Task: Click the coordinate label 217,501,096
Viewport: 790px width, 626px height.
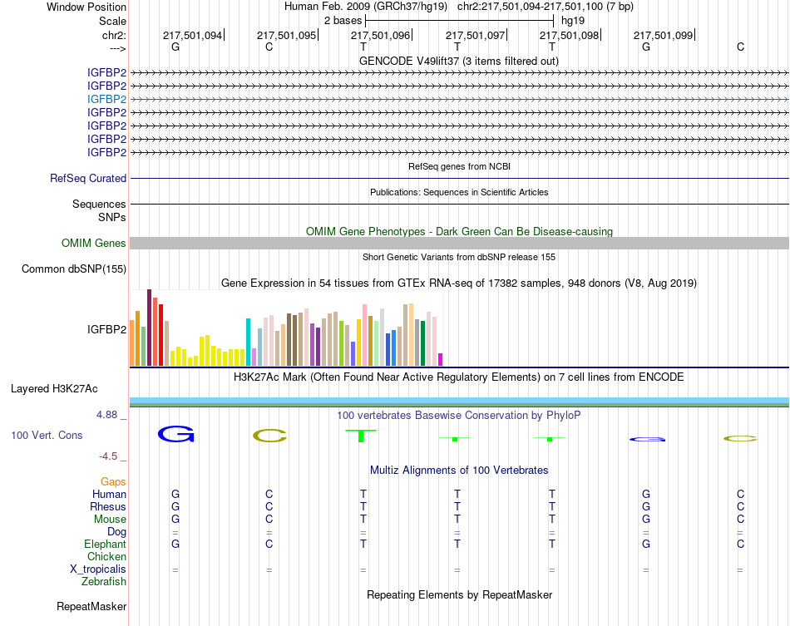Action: tap(380, 35)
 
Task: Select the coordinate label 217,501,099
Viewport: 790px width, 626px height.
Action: tap(663, 35)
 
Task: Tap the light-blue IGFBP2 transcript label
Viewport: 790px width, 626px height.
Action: tap(107, 99)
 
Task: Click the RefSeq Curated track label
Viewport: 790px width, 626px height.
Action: tap(88, 178)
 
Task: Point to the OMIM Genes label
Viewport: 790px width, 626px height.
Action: tap(94, 244)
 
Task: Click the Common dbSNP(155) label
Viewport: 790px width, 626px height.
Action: tap(74, 269)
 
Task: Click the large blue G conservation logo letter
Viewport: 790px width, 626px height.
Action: tap(175, 434)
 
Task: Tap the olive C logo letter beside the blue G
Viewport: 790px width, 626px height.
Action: tap(269, 435)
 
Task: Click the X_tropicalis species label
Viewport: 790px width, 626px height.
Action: tap(98, 569)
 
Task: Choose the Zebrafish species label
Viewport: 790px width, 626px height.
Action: tap(104, 582)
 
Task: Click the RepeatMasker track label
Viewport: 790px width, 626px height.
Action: tap(91, 607)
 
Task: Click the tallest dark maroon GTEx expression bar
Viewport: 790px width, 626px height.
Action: tap(149, 328)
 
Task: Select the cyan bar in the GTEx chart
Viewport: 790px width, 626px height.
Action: tap(248, 342)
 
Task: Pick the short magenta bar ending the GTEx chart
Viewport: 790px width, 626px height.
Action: tap(440, 359)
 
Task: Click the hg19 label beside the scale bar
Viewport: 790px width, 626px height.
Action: tap(572, 19)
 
